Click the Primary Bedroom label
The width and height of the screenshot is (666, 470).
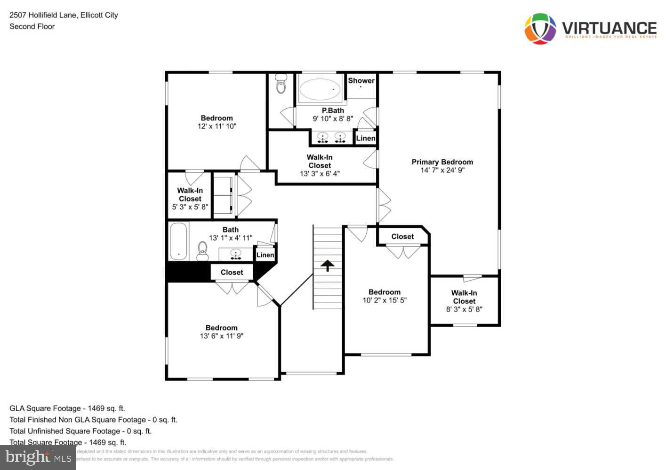442,162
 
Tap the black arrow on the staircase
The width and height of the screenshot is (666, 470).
328,266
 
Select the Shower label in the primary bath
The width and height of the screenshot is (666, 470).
361,80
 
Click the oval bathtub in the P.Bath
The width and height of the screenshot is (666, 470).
320,89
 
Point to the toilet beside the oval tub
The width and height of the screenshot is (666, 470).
281,84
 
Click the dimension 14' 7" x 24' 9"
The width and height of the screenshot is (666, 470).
442,170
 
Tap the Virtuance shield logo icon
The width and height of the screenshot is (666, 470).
540,29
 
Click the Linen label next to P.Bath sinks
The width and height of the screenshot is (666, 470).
365,138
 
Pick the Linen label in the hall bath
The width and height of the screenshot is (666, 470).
265,255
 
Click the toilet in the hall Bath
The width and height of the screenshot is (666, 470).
202,251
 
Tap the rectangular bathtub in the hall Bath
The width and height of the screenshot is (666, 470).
178,241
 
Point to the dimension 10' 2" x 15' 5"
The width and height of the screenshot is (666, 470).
385,300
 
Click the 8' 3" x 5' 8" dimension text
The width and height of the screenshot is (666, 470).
464,309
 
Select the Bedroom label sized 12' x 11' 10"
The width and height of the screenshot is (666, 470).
217,118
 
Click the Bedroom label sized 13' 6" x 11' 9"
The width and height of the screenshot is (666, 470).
221,328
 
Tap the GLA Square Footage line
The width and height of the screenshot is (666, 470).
67,408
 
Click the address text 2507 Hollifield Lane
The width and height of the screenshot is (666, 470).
64,15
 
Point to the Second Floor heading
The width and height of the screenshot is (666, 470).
32,26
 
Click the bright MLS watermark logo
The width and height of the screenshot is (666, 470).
38,457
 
